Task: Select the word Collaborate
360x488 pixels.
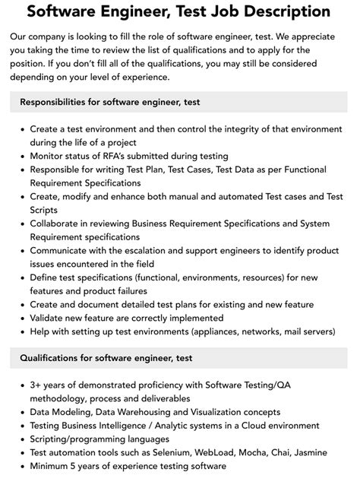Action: point(58,224)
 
